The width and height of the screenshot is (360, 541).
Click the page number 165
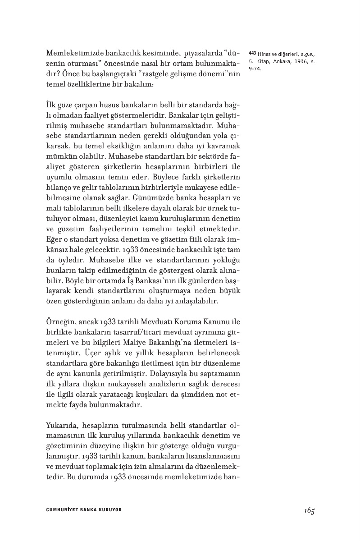click(x=308, y=510)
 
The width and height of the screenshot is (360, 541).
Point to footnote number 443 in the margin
click(x=252, y=54)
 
